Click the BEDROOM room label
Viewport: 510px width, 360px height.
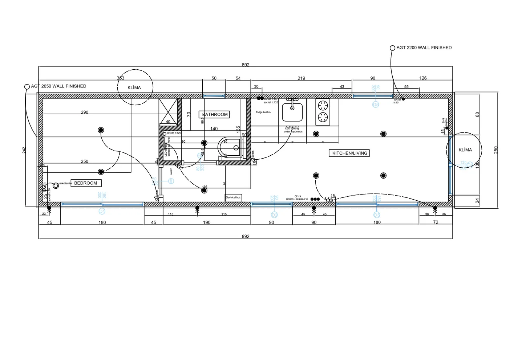pyautogui.click(x=86, y=183)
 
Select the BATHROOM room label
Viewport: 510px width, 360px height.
pyautogui.click(x=215, y=114)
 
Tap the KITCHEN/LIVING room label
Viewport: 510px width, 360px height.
pyautogui.click(x=349, y=153)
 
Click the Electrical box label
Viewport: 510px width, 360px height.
pyautogui.click(x=233, y=197)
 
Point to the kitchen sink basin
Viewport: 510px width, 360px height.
pyautogui.click(x=292, y=112)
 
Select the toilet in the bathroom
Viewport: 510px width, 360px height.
pyautogui.click(x=230, y=148)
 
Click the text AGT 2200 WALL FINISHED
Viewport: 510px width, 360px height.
pyautogui.click(x=424, y=48)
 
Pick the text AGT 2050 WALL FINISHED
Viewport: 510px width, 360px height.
pyautogui.click(x=59, y=86)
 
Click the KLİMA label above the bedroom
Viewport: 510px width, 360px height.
pyautogui.click(x=134, y=88)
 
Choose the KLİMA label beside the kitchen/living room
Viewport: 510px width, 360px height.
pyautogui.click(x=465, y=150)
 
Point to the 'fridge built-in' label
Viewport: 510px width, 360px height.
pyautogui.click(x=263, y=112)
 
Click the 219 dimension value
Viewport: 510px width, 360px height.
pyautogui.click(x=301, y=78)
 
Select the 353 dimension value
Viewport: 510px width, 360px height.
pyautogui.click(x=120, y=78)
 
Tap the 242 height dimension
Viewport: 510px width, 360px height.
pyautogui.click(x=24, y=150)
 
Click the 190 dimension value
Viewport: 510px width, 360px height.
pyautogui.click(x=207, y=222)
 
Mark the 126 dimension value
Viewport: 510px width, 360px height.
pyautogui.click(x=423, y=78)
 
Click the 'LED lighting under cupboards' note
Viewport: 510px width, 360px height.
pyautogui.click(x=293, y=130)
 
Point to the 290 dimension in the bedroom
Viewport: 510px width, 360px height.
pyautogui.click(x=85, y=112)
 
